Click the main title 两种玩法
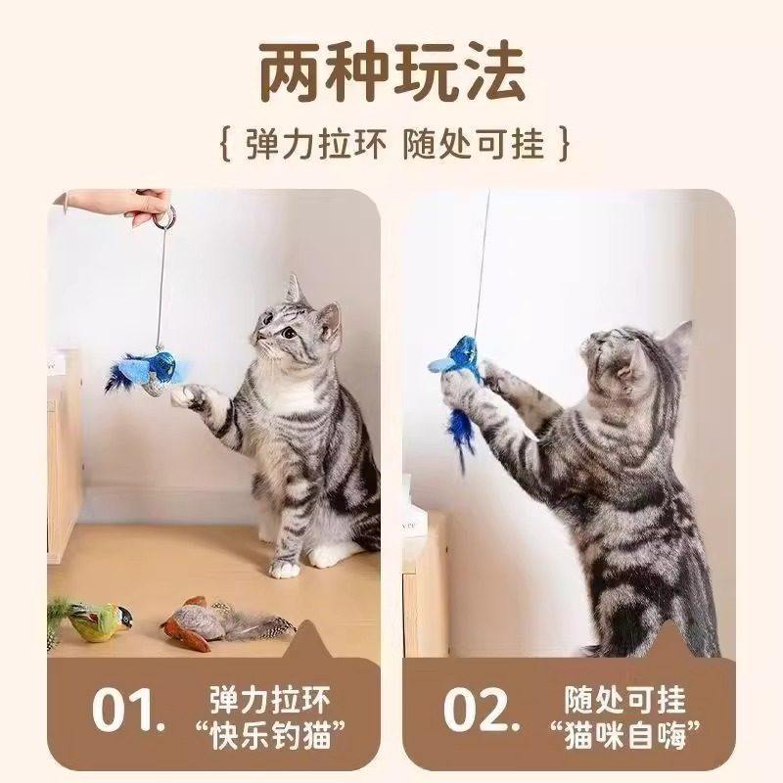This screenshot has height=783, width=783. [x=391, y=70]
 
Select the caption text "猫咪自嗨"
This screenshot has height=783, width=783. [x=626, y=732]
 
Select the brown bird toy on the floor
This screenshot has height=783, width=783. [x=206, y=622]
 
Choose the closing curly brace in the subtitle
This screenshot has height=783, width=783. [x=560, y=145]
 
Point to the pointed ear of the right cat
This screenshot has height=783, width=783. [x=675, y=338]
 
